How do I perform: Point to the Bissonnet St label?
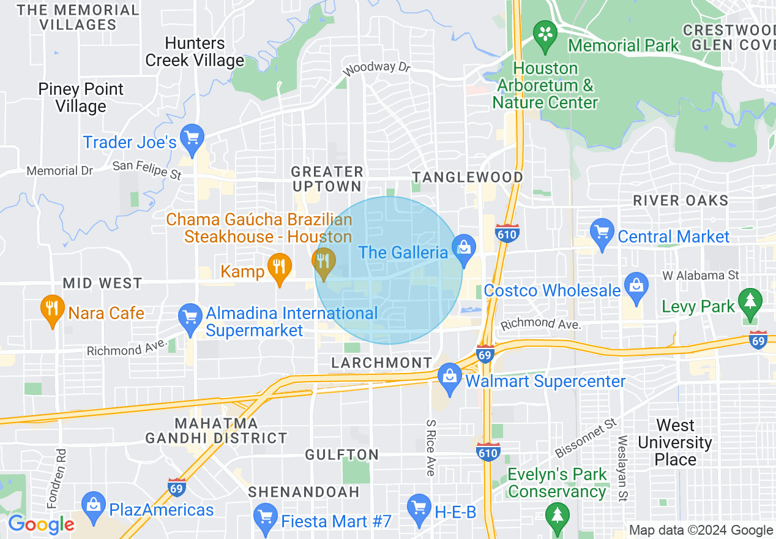[586, 439]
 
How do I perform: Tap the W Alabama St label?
[701, 276]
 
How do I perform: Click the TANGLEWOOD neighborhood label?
[468, 177]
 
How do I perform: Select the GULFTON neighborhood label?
[343, 454]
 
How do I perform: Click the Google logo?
[41, 524]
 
